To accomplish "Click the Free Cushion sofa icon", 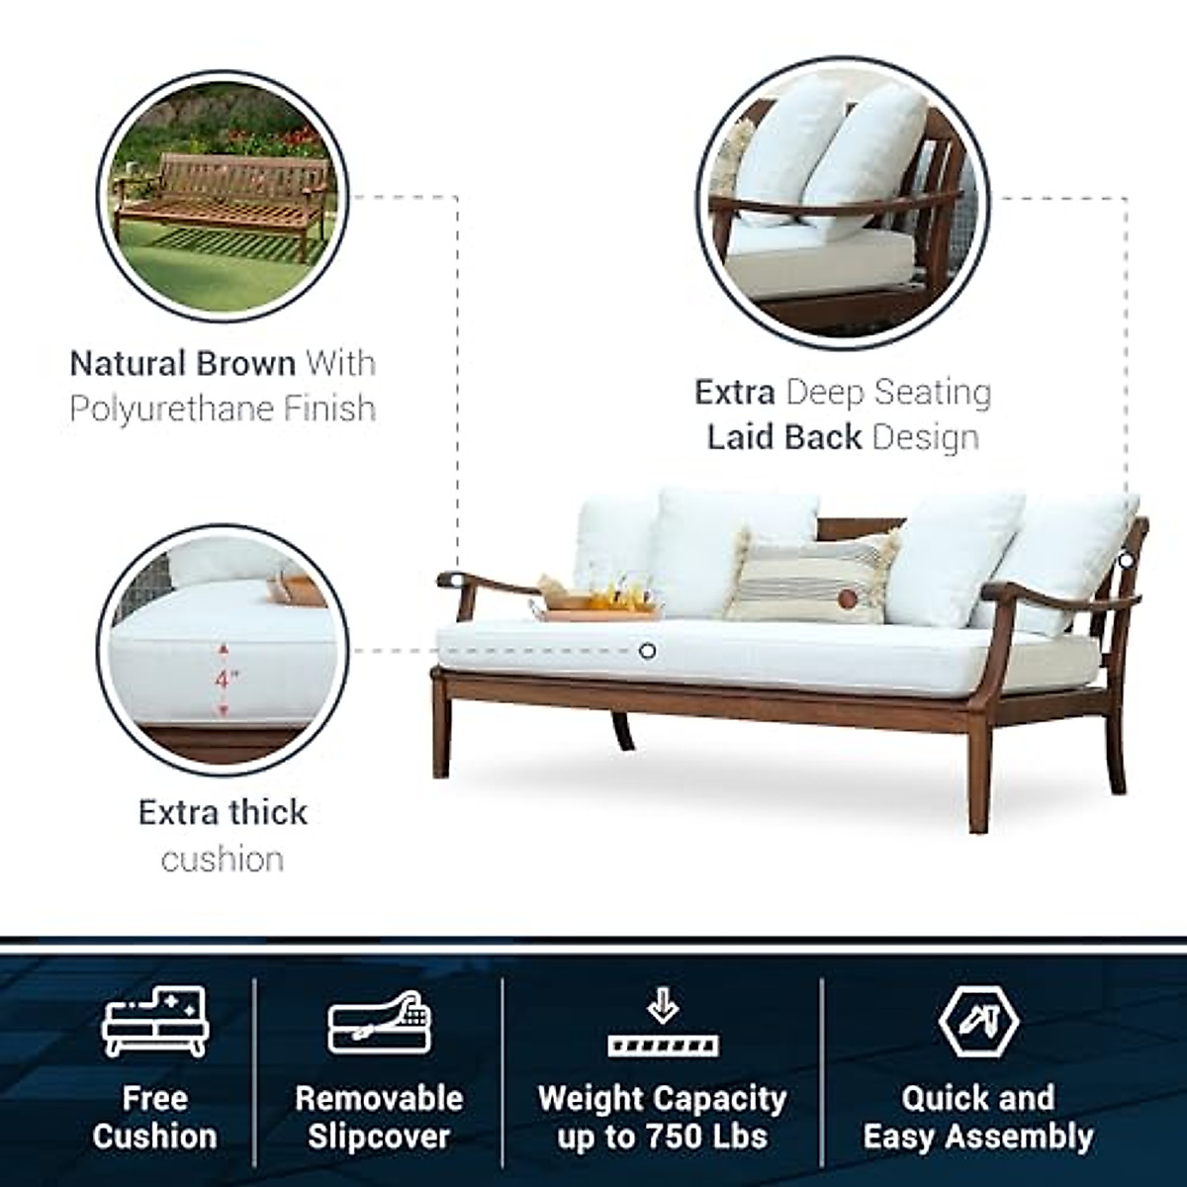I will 155,1023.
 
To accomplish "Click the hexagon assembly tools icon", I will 977,1020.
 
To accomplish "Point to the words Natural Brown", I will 183,363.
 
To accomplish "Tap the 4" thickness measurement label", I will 225,681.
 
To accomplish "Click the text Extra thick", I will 223,813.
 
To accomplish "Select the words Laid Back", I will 783,437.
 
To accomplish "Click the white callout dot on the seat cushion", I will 647,651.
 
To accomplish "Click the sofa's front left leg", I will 442,732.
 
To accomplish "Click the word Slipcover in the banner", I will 379,1137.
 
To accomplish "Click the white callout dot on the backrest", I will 1127,562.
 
